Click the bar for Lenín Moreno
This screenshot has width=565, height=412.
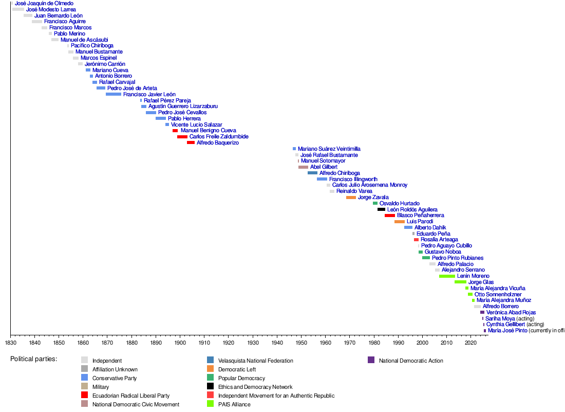pyautogui.click(x=447, y=276)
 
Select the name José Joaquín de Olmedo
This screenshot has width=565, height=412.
pyautogui.click(x=44, y=4)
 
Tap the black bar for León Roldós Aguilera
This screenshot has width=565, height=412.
pyautogui.click(x=381, y=209)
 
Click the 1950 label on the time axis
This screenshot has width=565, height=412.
pyautogui.click(x=301, y=343)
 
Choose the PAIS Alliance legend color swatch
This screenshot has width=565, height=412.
pyautogui.click(x=211, y=404)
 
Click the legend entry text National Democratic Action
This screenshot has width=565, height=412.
pyautogui.click(x=411, y=361)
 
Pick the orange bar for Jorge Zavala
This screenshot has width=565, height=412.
pyautogui.click(x=351, y=198)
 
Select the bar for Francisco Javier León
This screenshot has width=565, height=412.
pyautogui.click(x=114, y=95)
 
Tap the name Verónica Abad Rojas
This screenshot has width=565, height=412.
pyautogui.click(x=511, y=312)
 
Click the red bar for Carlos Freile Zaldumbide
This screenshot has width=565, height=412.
pyautogui.click(x=182, y=137)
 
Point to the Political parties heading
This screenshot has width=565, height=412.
pyautogui.click(x=33, y=359)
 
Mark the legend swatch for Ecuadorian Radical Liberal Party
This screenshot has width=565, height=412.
pyautogui.click(x=85, y=396)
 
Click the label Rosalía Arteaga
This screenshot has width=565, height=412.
pyautogui.click(x=439, y=240)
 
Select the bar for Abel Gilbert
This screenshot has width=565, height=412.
pyautogui.click(x=303, y=167)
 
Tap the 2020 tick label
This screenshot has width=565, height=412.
pyautogui.click(x=470, y=343)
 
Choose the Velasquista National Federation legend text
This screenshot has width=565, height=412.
pyautogui.click(x=255, y=361)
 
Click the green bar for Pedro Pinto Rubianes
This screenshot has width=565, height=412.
pyautogui.click(x=426, y=258)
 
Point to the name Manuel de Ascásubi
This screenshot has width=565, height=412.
pyautogui.click(x=84, y=40)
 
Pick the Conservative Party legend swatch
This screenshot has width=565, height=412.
pyautogui.click(x=85, y=378)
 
